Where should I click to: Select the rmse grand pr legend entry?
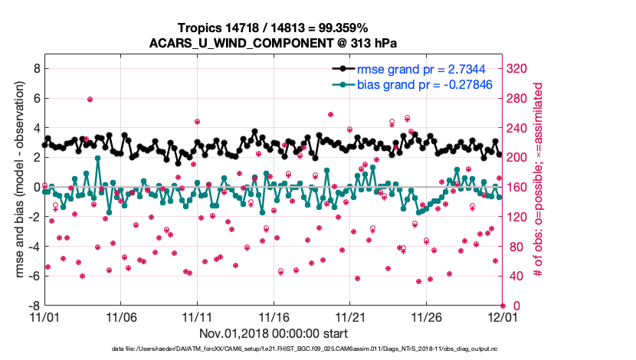click(418, 69)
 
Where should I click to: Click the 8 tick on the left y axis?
click(34, 69)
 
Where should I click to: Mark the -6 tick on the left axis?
click(32, 276)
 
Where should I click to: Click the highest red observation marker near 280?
click(90, 100)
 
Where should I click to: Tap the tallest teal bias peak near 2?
click(97, 159)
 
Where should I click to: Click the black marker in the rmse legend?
click(339, 69)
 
